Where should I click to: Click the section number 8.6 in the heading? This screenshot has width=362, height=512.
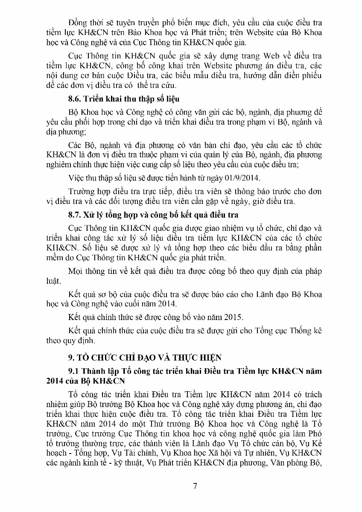tap(75, 99)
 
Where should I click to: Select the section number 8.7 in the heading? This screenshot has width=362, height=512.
tap(75, 214)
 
